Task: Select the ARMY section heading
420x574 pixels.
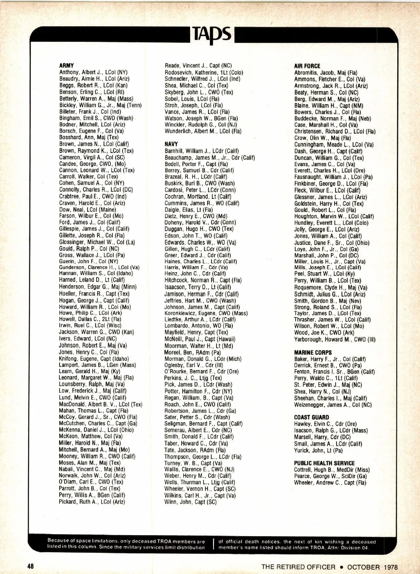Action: click(x=66, y=65)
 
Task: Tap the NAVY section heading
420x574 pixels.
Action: click(x=171, y=144)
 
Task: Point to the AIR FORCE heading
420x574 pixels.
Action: click(x=307, y=66)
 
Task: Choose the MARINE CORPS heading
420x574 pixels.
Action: click(x=313, y=352)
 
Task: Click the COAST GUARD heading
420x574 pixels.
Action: click(x=311, y=417)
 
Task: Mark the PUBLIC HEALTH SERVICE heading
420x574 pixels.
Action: click(x=324, y=463)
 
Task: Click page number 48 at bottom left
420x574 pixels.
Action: click(x=31, y=566)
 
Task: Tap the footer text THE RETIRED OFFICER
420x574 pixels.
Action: click(x=298, y=567)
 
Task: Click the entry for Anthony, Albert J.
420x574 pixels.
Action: click(x=93, y=72)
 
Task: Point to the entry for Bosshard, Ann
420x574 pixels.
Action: click(x=89, y=137)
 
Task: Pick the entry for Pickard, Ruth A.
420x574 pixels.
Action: click(x=92, y=502)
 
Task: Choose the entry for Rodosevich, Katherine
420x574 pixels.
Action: click(x=204, y=72)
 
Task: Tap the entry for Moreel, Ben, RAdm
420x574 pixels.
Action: click(x=192, y=352)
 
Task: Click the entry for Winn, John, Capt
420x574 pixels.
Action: click(x=190, y=502)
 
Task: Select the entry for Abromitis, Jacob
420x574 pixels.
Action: click(x=325, y=73)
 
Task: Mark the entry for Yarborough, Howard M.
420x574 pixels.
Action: click(x=335, y=339)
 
